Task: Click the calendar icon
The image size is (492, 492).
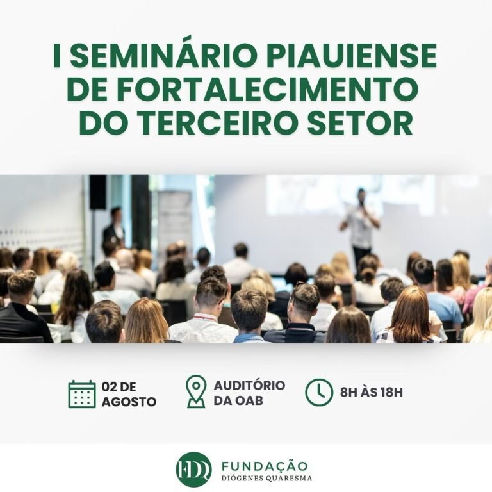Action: [82, 393]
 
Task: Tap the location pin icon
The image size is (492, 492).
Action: [195, 391]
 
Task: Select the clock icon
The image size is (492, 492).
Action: [319, 392]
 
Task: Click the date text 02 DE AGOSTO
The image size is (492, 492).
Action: [128, 393]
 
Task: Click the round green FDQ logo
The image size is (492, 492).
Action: [193, 470]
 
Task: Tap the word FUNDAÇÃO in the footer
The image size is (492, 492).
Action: [264, 466]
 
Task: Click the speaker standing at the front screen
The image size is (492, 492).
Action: [360, 221]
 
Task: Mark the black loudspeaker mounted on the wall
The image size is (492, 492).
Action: [98, 192]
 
